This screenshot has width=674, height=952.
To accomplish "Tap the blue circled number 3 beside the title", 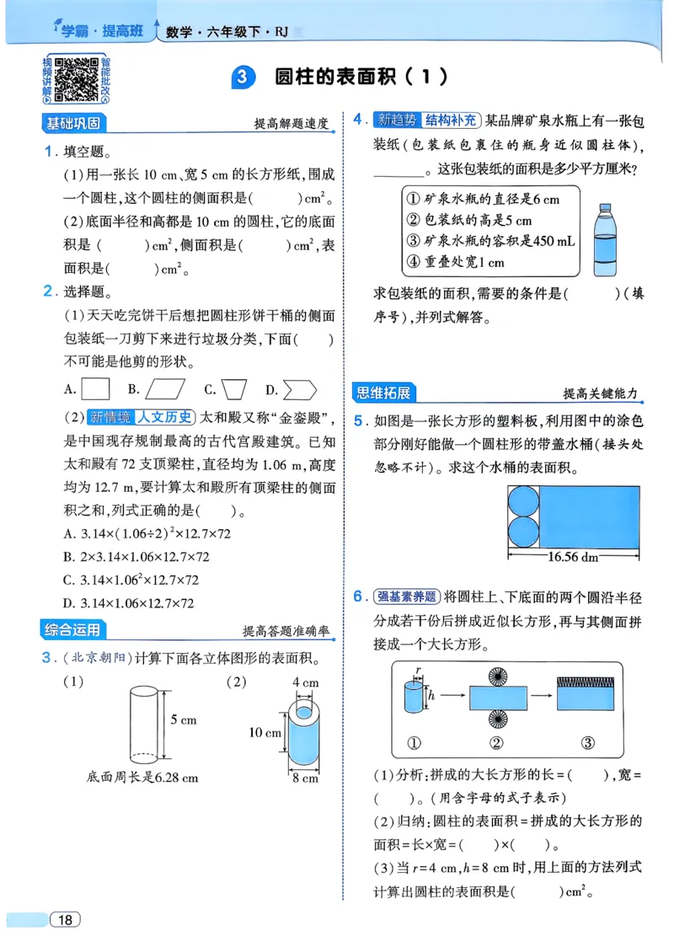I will (242, 78).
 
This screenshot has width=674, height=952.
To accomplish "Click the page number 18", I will (65, 919).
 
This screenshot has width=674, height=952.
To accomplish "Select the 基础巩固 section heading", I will (74, 124).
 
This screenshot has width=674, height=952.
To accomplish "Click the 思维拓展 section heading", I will (385, 392).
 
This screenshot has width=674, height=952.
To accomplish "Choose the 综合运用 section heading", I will (74, 629).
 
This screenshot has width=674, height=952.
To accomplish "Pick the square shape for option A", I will (97, 389).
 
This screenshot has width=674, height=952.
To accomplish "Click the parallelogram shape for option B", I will (165, 389).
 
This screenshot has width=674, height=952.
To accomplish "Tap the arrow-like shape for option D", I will (300, 389).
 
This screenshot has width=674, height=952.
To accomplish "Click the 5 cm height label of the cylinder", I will (183, 719).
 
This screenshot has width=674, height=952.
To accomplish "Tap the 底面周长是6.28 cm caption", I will (142, 778).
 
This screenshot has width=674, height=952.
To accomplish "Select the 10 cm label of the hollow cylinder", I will (265, 732).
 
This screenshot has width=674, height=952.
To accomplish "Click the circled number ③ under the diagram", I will (588, 742).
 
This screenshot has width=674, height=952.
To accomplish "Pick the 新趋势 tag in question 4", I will (396, 120).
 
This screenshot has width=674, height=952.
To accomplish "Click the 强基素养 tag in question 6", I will (407, 596).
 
